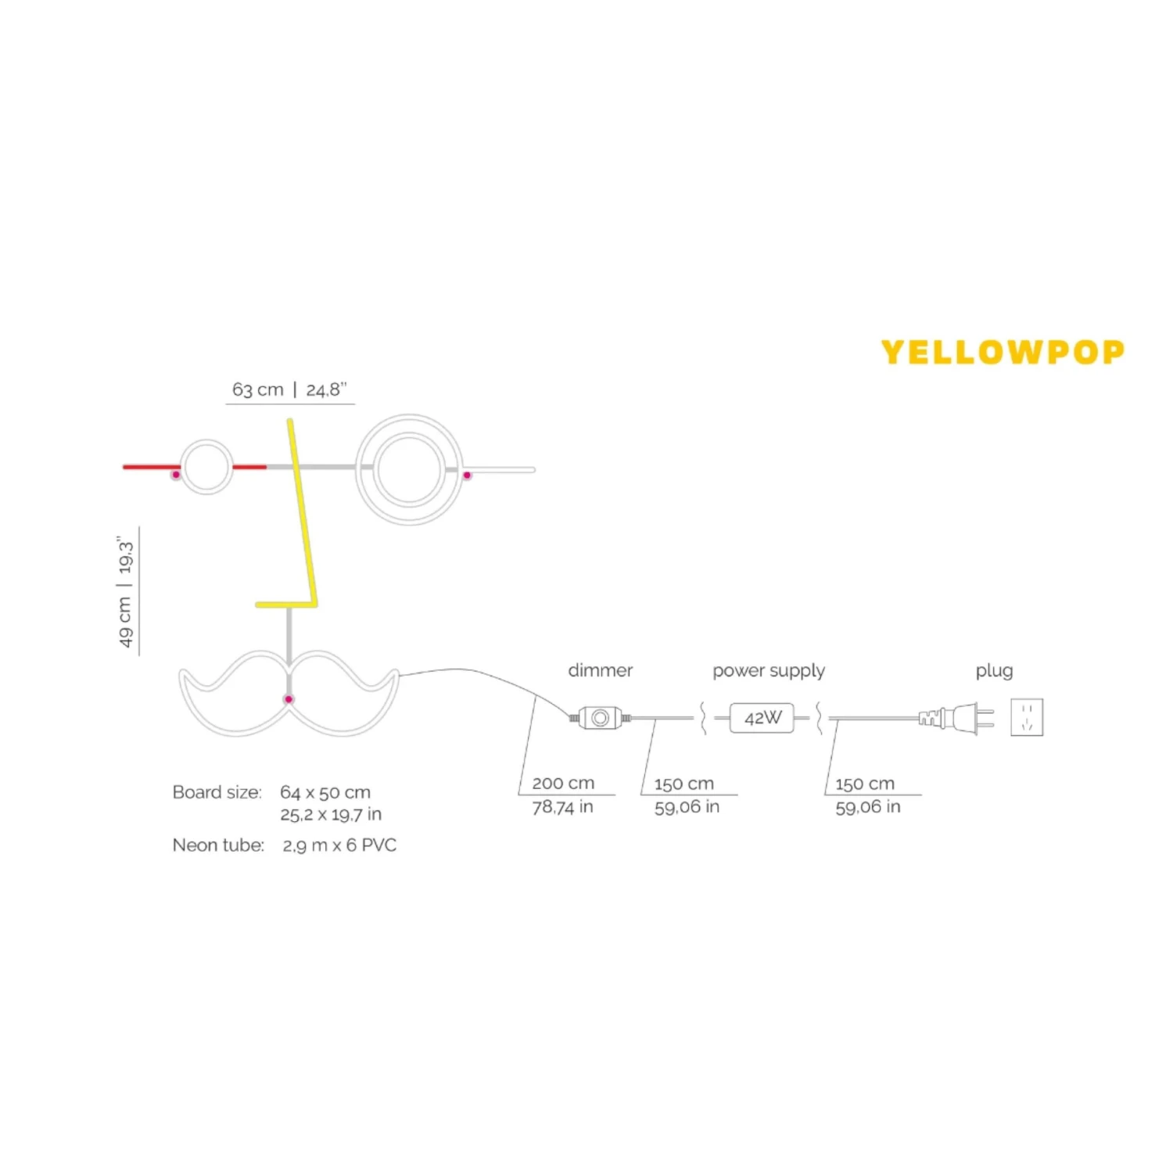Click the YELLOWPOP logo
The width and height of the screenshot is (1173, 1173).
coord(1003,352)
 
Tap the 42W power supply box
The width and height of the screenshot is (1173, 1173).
coord(762,718)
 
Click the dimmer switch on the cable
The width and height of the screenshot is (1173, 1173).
coord(600,717)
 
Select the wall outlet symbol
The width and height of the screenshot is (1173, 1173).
coord(1027,717)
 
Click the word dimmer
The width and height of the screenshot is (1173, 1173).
coord(600,670)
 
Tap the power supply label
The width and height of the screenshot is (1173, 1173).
coord(768,670)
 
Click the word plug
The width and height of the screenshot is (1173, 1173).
coord(994,670)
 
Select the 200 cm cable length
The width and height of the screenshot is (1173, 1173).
coord(563,783)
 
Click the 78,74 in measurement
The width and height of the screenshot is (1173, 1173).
coord(562,806)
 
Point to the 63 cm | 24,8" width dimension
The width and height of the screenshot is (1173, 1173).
coord(289,389)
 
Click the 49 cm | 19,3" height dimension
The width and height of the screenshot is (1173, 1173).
coord(126,592)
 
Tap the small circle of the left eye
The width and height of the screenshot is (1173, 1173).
coord(206,467)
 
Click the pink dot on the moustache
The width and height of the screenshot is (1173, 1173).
coord(289,699)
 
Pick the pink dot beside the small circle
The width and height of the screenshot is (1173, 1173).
coord(176,475)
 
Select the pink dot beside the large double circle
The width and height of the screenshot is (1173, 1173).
coord(467,475)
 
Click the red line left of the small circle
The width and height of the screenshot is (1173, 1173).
coord(150,467)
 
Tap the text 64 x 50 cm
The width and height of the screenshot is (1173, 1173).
coord(325,792)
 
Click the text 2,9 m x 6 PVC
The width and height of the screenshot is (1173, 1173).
coord(339,845)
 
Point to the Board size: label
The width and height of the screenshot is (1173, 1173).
coord(217,792)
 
